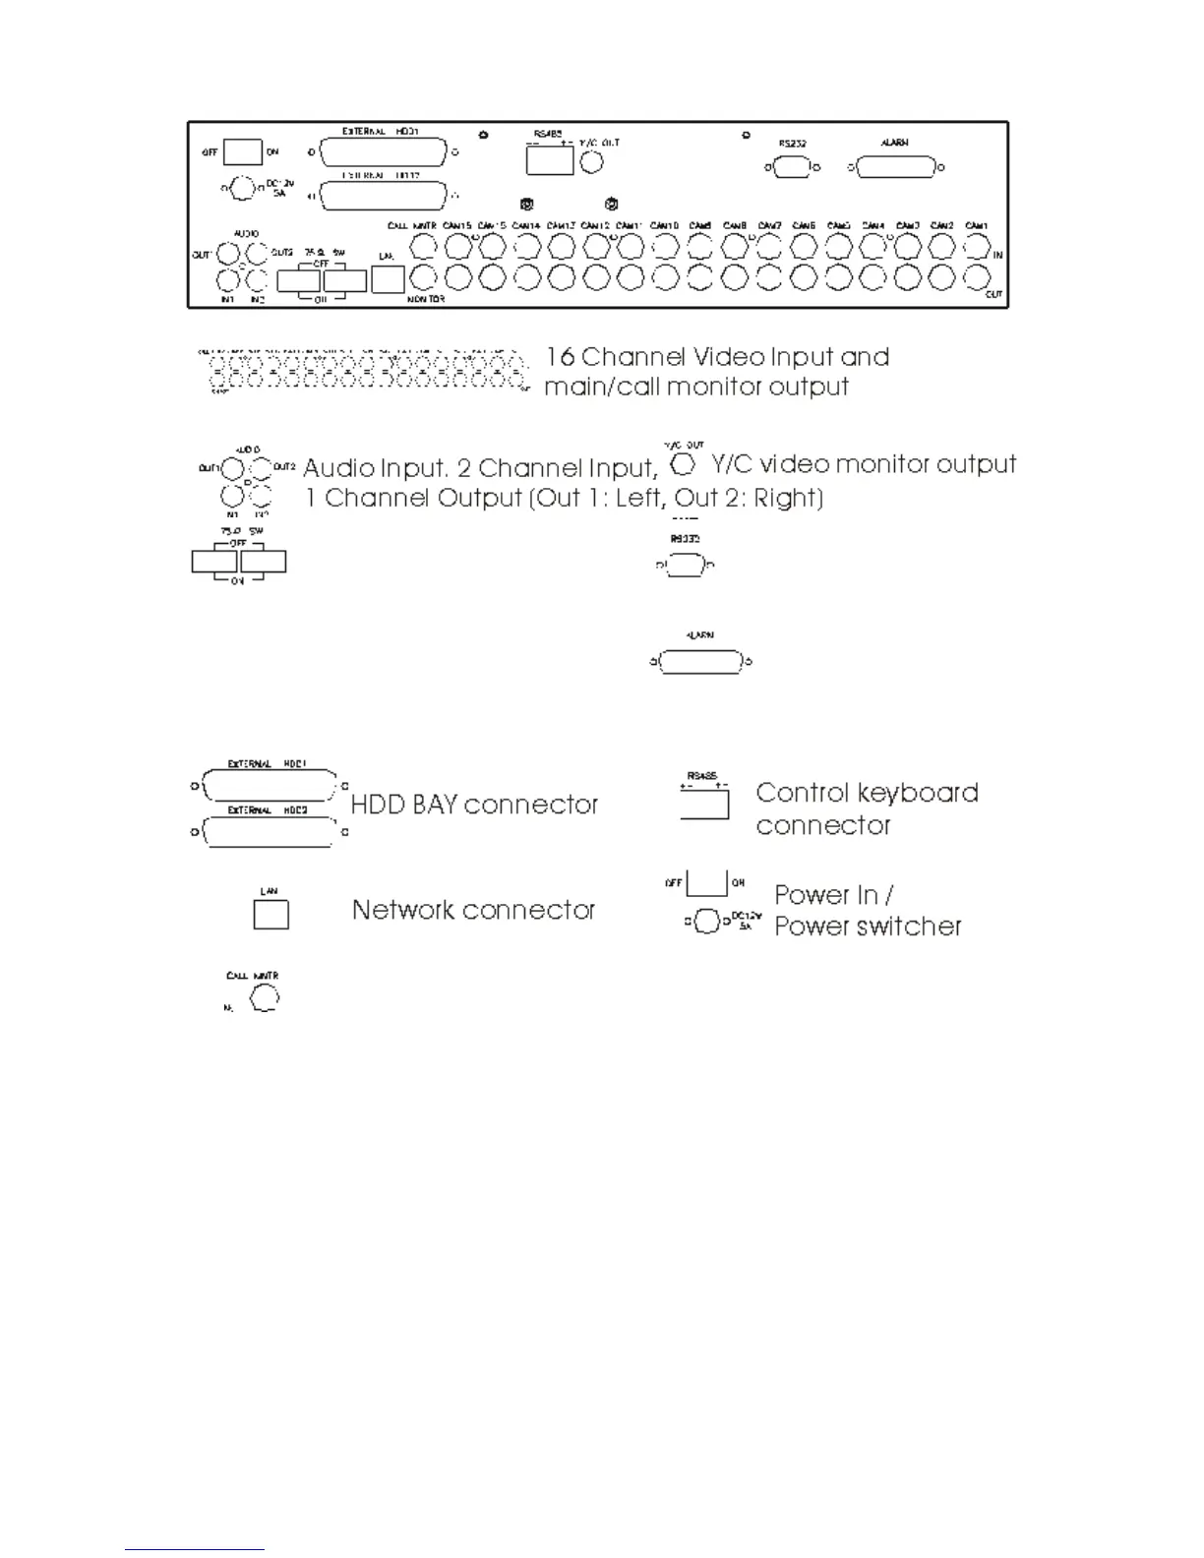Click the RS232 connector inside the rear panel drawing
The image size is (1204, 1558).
792,167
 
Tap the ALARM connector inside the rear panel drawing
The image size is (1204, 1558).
895,167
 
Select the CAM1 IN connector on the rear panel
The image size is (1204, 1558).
976,246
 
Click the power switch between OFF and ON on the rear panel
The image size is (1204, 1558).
242,151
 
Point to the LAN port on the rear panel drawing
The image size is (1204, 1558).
388,279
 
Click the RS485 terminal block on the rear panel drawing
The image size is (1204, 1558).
549,159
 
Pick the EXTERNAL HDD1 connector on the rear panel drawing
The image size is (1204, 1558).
382,152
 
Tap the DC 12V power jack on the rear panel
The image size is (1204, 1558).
242,187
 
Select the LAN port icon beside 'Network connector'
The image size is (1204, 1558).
271,914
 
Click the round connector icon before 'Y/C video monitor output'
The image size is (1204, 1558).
683,463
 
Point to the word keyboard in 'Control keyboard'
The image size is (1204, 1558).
917,793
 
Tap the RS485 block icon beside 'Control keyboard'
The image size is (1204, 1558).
704,804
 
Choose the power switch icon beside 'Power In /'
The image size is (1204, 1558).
706,882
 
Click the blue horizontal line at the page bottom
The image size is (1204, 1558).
195,1549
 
